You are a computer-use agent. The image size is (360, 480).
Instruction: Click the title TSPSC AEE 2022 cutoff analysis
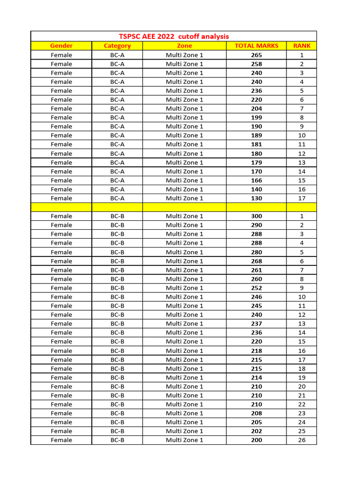[174, 36]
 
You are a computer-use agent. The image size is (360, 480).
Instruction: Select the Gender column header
[61, 45]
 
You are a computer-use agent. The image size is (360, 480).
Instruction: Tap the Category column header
[117, 45]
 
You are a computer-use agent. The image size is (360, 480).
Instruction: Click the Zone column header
[184, 45]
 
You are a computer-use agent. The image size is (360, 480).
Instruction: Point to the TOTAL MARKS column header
[256, 45]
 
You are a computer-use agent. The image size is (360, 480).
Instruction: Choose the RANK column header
[301, 45]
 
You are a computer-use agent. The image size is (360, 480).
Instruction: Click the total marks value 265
[256, 55]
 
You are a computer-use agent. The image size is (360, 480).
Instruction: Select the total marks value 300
[256, 216]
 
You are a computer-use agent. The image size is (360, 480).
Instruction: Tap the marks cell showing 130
[256, 198]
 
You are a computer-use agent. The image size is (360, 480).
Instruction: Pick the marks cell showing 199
[256, 118]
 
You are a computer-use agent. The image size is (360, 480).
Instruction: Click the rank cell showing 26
[301, 440]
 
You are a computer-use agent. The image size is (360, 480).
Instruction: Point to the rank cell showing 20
[301, 387]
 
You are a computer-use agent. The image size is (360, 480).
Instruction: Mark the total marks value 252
[256, 288]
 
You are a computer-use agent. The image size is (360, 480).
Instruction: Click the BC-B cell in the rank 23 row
[117, 413]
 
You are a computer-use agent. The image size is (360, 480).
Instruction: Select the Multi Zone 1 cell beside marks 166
[184, 180]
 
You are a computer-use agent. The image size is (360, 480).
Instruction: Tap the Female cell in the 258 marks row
[61, 64]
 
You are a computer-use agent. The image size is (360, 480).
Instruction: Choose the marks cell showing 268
[256, 261]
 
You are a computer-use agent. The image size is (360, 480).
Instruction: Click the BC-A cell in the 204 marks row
[117, 109]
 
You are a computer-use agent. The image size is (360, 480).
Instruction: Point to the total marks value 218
[256, 351]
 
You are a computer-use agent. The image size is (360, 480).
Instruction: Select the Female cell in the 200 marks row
[61, 440]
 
